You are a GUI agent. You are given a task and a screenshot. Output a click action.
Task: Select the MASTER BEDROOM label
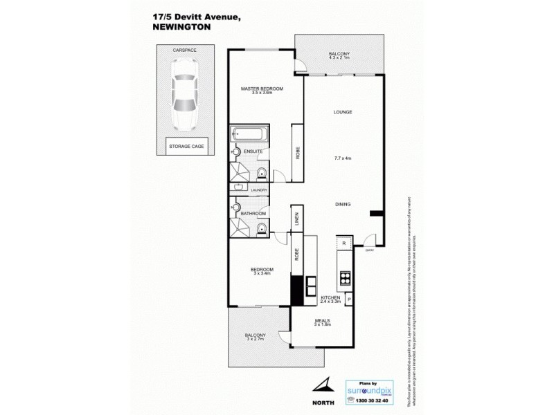click(261, 89)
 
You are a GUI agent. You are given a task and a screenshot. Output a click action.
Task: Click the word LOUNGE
click(343, 112)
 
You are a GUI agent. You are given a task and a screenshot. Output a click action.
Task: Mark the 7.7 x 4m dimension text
click(343, 158)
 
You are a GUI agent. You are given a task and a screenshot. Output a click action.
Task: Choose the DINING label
click(343, 204)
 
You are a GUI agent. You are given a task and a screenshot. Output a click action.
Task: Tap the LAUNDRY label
click(249, 190)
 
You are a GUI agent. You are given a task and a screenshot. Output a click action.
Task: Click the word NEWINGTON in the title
click(181, 28)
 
